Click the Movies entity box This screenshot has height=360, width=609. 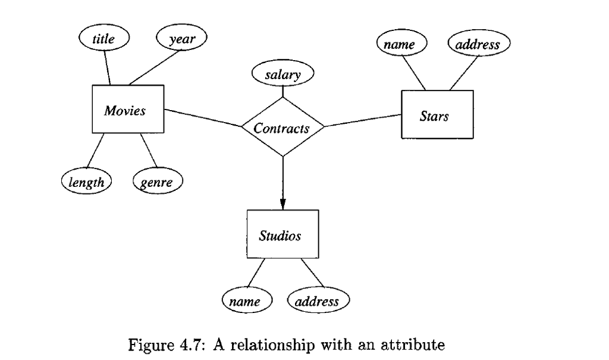pyautogui.click(x=127, y=109)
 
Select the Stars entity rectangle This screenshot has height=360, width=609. pyautogui.click(x=437, y=115)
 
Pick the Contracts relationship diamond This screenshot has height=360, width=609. pyautogui.click(x=282, y=127)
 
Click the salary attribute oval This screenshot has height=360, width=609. pyautogui.click(x=282, y=75)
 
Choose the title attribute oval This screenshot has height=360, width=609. pyautogui.click(x=104, y=39)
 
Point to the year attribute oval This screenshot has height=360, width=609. pyautogui.click(x=182, y=39)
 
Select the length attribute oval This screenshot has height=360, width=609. pyautogui.click(x=87, y=182)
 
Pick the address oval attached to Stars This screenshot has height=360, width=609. pyautogui.click(x=479, y=45)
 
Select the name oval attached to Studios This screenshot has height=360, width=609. pyautogui.click(x=246, y=301)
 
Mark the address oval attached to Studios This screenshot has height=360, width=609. pyautogui.click(x=318, y=301)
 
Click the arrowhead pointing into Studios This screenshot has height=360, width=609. pyautogui.click(x=282, y=204)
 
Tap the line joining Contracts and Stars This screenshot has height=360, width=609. pyautogui.click(x=363, y=120)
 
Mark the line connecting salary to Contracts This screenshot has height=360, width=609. pyautogui.click(x=282, y=92)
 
